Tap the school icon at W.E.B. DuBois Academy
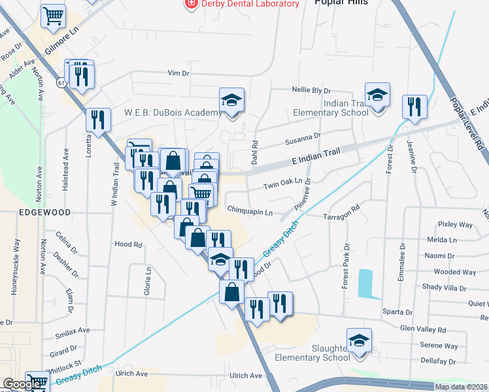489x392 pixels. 231,100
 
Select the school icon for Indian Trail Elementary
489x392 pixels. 377,95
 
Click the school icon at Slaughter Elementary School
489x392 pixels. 359,340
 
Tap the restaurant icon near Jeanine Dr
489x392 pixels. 414,107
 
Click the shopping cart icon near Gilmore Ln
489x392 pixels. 53,16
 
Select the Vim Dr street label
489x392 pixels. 178,73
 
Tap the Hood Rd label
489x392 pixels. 128,244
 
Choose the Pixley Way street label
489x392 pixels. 455,225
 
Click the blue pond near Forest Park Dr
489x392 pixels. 365,282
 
